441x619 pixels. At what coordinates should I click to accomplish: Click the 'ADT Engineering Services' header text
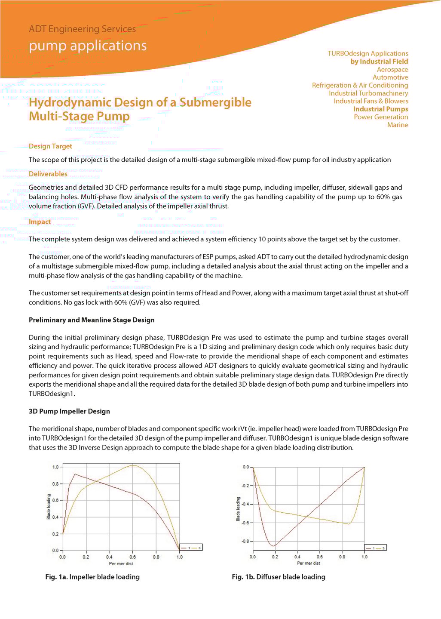[82, 29]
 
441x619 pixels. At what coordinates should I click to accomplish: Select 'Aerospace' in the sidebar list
[392, 70]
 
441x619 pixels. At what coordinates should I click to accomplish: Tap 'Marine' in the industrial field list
[398, 125]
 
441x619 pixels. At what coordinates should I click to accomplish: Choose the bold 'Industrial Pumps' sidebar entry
[380, 109]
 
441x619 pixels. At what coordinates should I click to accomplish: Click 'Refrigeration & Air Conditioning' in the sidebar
[360, 86]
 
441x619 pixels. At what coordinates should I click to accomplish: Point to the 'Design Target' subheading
[50, 146]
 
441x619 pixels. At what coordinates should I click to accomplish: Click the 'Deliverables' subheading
[48, 174]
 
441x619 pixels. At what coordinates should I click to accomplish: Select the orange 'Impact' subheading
[40, 222]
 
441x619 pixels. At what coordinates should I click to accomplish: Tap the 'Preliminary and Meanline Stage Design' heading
[92, 320]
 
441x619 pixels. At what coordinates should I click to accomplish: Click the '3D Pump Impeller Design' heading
[69, 411]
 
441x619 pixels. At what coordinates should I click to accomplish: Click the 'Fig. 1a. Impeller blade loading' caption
[92, 577]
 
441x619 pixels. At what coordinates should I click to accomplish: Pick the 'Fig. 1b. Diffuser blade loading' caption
[279, 577]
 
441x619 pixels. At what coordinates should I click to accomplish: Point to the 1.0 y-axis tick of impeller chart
[55, 467]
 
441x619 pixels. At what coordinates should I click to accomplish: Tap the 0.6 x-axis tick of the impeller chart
[133, 557]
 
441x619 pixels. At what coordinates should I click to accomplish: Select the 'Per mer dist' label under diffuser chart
[308, 563]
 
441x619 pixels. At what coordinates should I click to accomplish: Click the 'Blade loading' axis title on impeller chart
[49, 507]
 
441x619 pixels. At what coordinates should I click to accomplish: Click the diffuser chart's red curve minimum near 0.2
[273, 546]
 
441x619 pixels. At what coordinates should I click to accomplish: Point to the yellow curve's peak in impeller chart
[133, 465]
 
